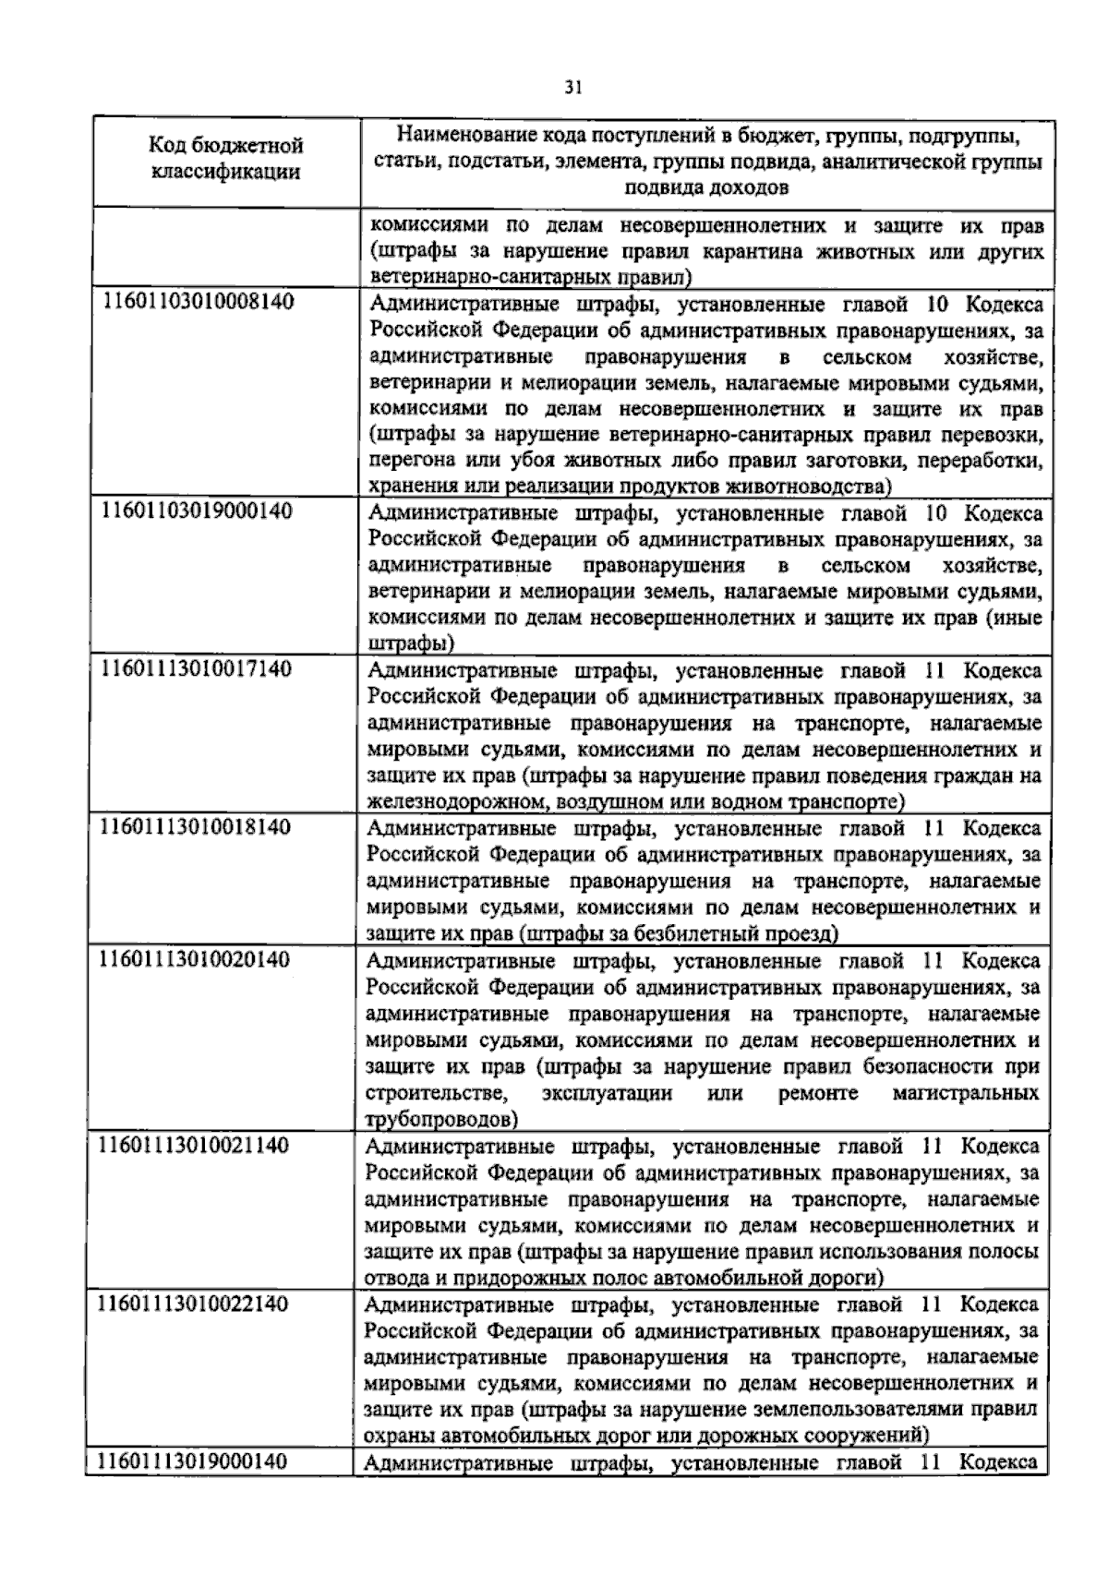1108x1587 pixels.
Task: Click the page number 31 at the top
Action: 572,88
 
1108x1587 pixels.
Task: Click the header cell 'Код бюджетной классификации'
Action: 226,159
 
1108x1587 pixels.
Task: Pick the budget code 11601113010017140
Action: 197,668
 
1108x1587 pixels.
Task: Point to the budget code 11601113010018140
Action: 196,826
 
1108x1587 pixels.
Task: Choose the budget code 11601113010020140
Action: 195,959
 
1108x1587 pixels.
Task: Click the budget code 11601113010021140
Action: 195,1145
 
